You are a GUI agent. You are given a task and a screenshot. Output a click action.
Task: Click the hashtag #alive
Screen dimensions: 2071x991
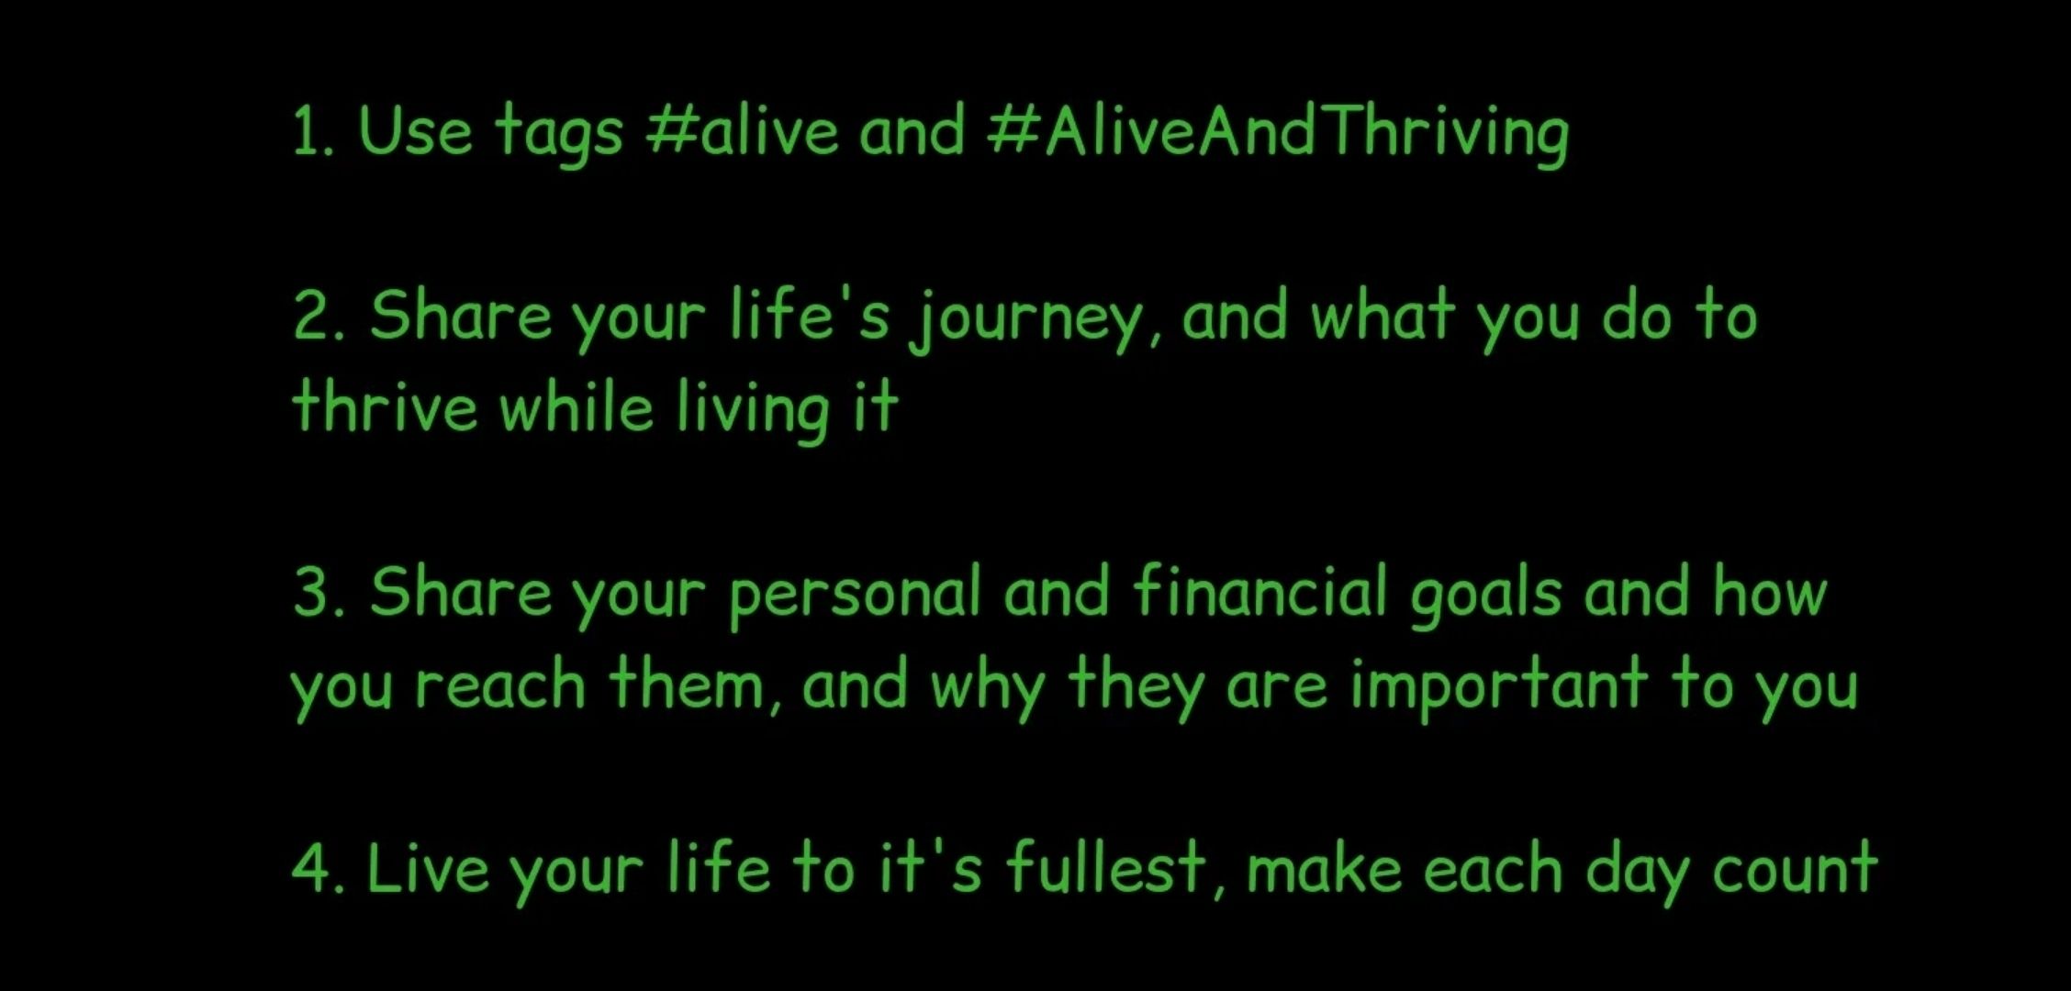tap(741, 130)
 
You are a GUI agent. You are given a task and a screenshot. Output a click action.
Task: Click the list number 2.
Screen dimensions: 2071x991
tap(318, 316)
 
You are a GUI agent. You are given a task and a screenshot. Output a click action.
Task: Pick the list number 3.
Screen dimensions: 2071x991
tap(318, 592)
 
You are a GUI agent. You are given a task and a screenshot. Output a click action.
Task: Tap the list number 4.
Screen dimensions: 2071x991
tap(318, 868)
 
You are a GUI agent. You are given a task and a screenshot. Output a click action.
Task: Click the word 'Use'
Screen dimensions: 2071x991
tap(415, 130)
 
